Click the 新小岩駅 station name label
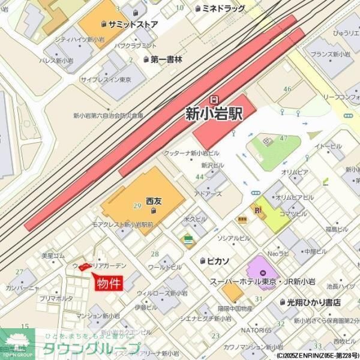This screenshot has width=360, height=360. [214, 113]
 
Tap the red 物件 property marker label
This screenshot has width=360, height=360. [109, 283]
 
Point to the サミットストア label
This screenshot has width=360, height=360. [133, 25]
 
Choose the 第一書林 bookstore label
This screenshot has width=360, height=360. [166, 59]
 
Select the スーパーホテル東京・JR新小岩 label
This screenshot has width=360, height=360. [263, 281]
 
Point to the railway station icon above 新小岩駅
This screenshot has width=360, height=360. [214, 98]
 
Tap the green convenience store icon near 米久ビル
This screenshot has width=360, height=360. [188, 239]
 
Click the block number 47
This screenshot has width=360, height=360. [284, 139]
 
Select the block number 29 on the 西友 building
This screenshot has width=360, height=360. [137, 206]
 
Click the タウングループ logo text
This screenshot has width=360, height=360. [92, 349]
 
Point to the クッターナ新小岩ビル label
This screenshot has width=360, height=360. [192, 153]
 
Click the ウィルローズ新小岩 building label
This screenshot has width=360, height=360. [162, 293]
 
